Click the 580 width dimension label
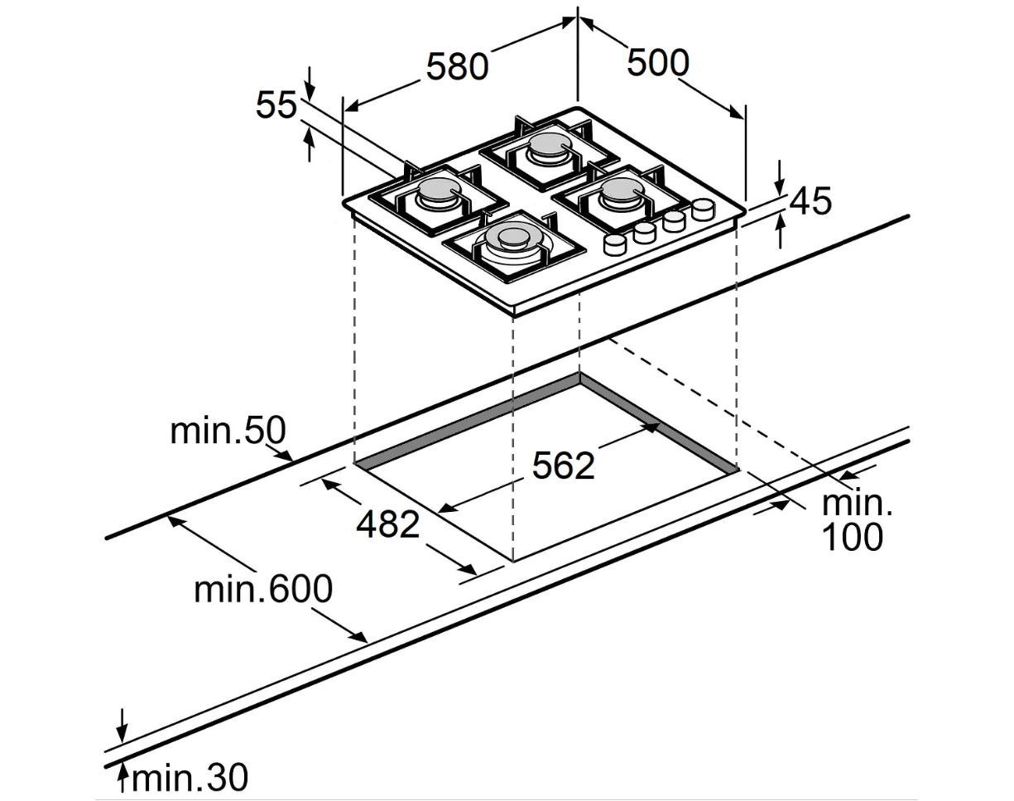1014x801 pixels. [457, 66]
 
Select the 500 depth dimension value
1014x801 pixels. [657, 62]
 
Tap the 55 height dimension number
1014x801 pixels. [276, 105]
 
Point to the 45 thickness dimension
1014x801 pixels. [810, 201]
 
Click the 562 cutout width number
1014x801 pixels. [563, 466]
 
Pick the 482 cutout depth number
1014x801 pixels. [388, 524]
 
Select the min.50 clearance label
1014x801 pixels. [228, 431]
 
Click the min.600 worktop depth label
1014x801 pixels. [263, 589]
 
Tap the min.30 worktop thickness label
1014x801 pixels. [190, 779]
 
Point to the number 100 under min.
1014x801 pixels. [852, 538]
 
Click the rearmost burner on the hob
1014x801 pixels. [546, 147]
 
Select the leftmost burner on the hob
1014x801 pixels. [437, 193]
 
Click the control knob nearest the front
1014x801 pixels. [614, 244]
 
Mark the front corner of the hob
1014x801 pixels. [514, 313]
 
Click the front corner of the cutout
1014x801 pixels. [514, 561]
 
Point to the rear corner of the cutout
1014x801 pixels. [579, 374]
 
